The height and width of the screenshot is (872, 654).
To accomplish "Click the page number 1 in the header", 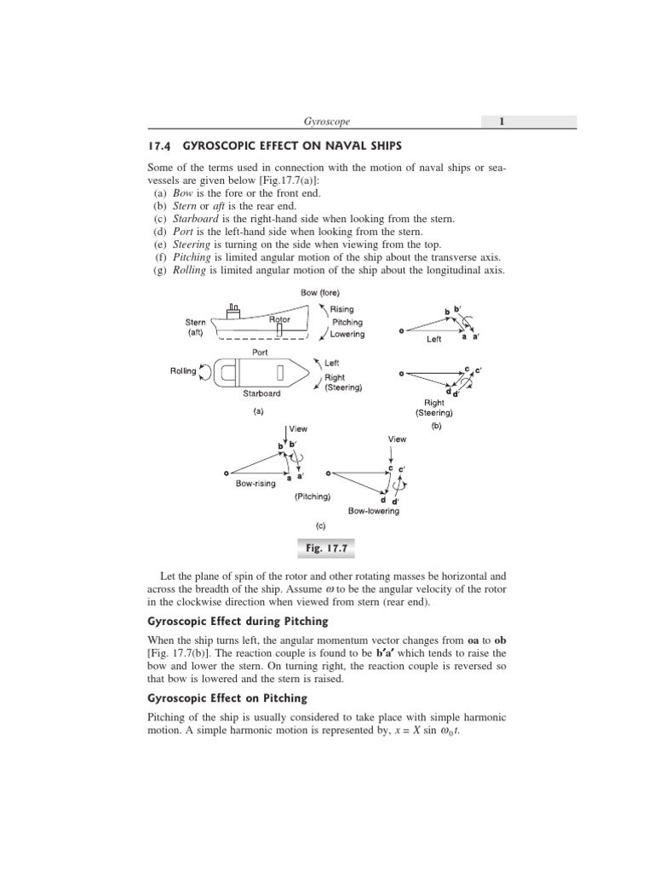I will (x=502, y=122).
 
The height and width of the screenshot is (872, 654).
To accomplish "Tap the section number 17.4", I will (x=160, y=146).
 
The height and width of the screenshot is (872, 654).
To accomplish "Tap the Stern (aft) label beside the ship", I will (x=194, y=328).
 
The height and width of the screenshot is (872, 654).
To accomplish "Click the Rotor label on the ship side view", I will (x=279, y=319).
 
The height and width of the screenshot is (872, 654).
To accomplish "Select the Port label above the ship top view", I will (x=260, y=351).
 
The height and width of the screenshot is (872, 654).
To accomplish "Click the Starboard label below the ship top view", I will (x=261, y=393).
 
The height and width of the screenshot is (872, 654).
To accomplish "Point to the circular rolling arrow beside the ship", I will (x=207, y=370).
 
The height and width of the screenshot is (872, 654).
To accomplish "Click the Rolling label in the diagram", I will (x=184, y=370).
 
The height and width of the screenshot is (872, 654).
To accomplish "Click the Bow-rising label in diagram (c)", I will (x=258, y=483).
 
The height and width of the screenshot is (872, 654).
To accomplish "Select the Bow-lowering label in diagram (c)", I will (x=374, y=511).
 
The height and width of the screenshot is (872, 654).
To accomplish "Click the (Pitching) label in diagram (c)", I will (x=313, y=496).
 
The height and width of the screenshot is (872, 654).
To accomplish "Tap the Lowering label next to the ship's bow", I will (x=347, y=334).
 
